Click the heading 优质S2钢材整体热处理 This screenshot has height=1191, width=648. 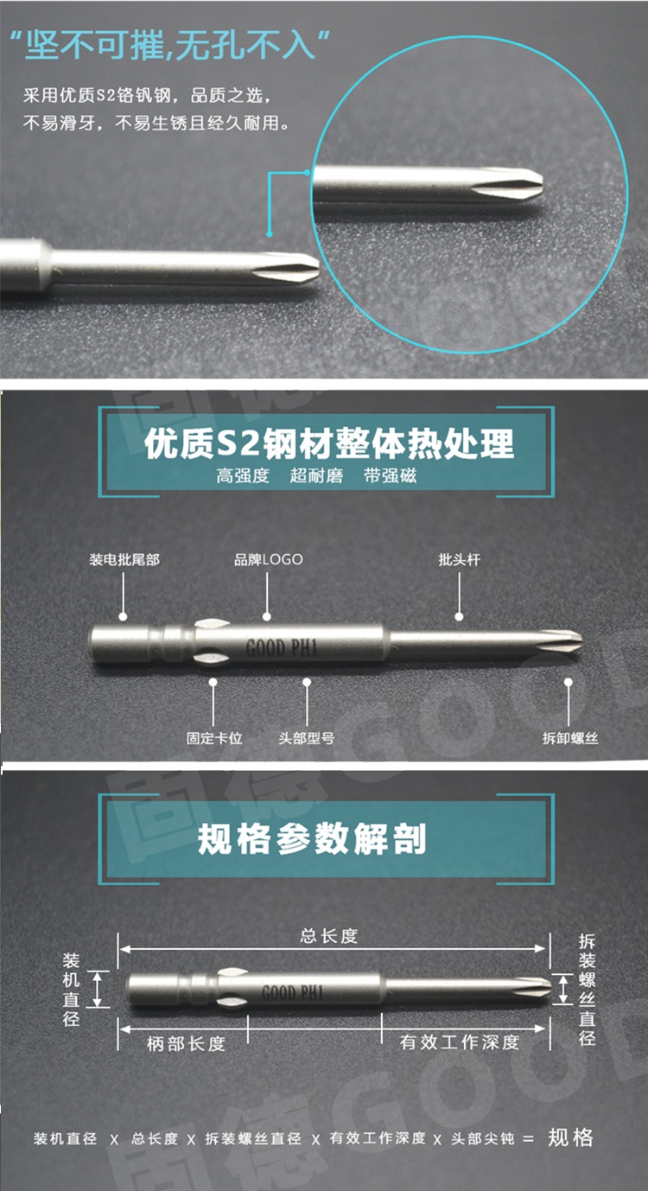329,443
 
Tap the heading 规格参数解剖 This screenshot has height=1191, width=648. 312,838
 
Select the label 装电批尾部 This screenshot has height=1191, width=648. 124,560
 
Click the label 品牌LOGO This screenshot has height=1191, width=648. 268,559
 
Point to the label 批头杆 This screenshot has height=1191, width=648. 459,560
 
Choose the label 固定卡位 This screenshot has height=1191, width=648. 214,738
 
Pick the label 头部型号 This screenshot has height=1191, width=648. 306,738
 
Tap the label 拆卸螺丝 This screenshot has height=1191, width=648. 569,738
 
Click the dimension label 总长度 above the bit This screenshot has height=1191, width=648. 328,935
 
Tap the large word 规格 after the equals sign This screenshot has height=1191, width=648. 571,1137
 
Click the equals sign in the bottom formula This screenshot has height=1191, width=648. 529,1138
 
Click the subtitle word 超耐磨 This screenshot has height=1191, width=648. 316,476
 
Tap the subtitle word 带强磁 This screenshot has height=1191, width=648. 391,476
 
